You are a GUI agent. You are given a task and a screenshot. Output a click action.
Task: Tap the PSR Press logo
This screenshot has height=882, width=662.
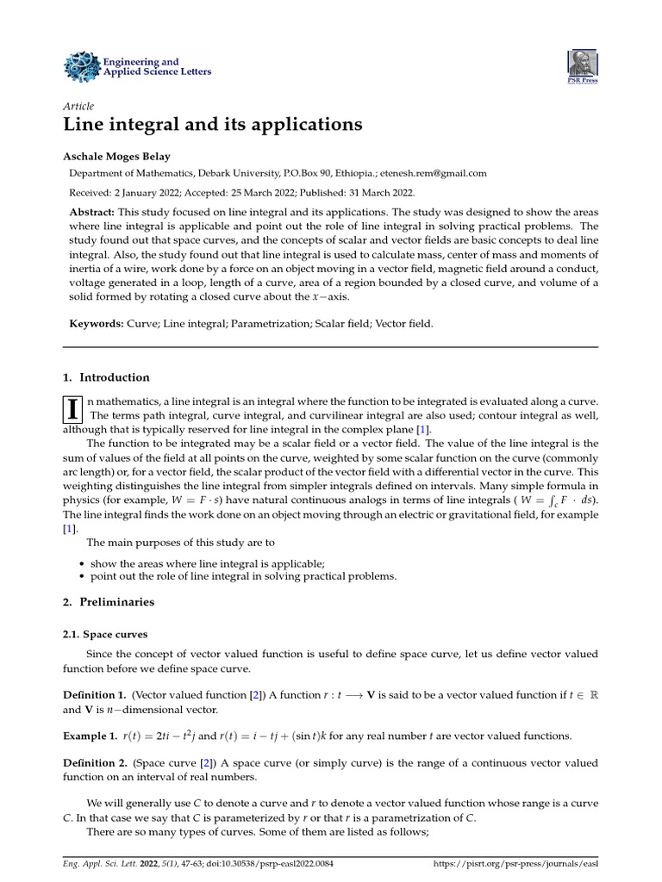point(582,65)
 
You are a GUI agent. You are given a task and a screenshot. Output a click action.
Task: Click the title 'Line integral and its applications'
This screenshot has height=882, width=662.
point(213,125)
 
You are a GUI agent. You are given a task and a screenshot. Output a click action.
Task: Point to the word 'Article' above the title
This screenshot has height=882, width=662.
point(79,106)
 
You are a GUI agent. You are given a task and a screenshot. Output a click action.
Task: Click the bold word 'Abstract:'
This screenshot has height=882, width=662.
point(91,212)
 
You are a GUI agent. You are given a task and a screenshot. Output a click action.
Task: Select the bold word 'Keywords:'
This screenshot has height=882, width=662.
point(95,324)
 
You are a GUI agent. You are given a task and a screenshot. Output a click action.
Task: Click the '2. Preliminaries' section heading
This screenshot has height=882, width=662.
point(109,602)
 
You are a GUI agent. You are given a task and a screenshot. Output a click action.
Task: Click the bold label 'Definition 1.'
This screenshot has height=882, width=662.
point(95,694)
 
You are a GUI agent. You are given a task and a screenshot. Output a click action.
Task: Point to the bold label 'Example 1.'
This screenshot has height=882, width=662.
point(91,736)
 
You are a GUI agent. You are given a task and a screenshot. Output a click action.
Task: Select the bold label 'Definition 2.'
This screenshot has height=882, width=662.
point(95,763)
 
